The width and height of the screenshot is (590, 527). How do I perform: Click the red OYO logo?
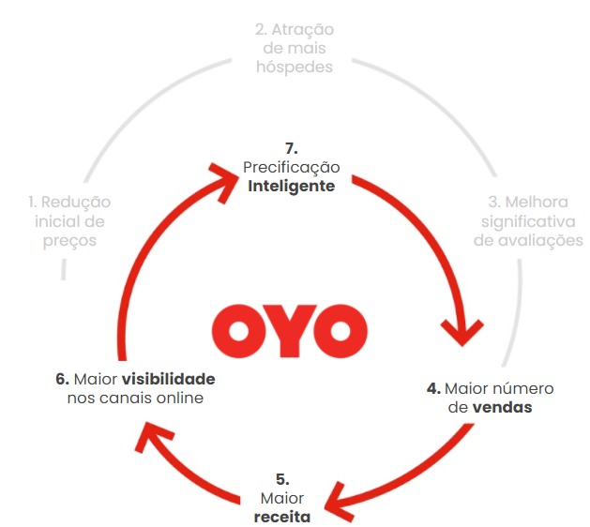point(289,326)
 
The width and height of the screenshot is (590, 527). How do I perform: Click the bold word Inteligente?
point(291,186)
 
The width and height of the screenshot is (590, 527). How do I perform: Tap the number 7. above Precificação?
point(291,147)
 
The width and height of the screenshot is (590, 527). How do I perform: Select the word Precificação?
point(291,167)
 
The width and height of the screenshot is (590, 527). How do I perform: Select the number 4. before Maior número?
point(432,387)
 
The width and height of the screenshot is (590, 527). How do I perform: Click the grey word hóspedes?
point(295,68)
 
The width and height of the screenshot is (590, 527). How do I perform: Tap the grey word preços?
point(69,240)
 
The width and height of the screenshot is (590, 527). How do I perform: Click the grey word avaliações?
point(528,240)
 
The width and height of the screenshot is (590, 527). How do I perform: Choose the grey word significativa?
point(529,221)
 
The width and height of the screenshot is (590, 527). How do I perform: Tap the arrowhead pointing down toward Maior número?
point(461,334)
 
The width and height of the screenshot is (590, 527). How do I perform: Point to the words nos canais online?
point(135,398)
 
